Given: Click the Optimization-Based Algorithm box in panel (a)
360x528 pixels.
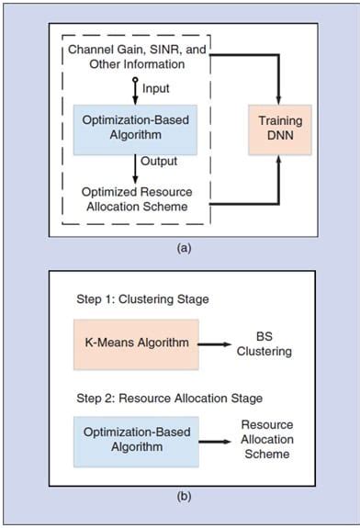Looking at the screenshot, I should pos(138,129).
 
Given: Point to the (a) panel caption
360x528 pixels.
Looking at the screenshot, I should pos(180,246).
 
